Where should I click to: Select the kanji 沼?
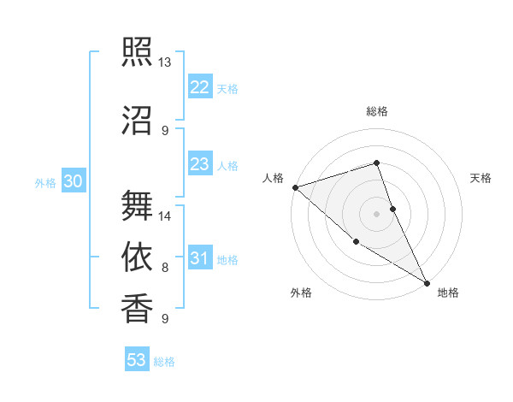point(137,121)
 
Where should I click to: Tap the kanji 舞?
point(137,206)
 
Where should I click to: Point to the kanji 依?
point(137,257)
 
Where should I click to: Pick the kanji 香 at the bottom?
point(137,309)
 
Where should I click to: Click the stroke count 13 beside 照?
point(164,62)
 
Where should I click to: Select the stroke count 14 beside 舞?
point(166,216)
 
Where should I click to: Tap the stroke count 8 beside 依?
point(165,268)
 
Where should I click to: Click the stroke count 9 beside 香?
point(165,319)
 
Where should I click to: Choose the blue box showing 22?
point(199,87)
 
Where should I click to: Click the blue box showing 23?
point(199,164)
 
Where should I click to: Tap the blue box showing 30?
point(73,181)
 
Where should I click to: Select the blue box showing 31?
point(199,258)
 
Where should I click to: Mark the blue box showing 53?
point(136,360)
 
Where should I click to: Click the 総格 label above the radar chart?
point(377,111)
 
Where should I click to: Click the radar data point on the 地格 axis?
point(427,282)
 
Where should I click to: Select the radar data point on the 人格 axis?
point(295,187)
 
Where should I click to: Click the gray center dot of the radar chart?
point(376,213)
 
